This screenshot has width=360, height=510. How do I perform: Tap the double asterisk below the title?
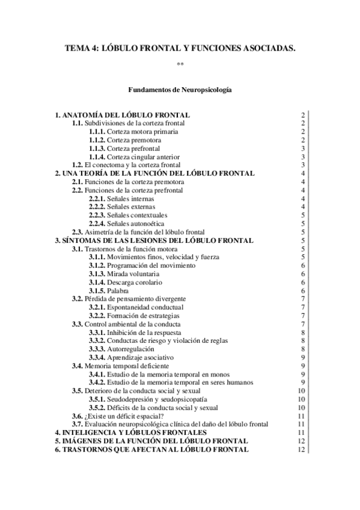pos(180,64)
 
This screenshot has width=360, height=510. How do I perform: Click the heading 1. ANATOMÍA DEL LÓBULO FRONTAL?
pos(123,114)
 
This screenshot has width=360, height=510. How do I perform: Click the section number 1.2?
pos(77,165)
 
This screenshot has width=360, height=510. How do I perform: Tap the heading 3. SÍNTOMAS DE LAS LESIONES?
pos(153,241)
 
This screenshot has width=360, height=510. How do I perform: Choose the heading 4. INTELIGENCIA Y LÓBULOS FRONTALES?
pos(130,432)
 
